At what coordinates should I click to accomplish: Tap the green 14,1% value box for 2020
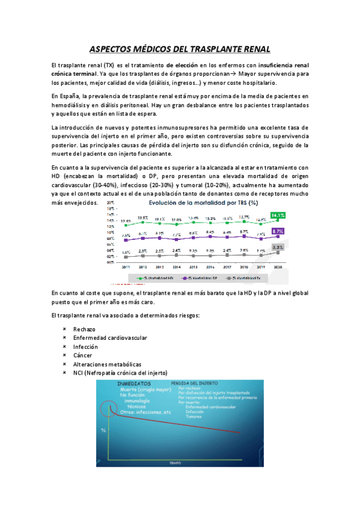click(x=278, y=215)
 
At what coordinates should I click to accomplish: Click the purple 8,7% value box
click(x=278, y=231)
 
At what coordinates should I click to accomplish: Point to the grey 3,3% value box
click(x=278, y=247)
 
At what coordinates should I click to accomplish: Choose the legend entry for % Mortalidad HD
click(x=158, y=278)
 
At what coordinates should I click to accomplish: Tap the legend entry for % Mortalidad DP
click(x=203, y=278)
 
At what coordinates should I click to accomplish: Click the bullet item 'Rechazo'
click(x=84, y=329)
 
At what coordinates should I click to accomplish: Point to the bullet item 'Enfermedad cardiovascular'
click(x=110, y=338)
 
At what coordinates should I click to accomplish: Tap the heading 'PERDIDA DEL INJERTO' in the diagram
click(x=195, y=382)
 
